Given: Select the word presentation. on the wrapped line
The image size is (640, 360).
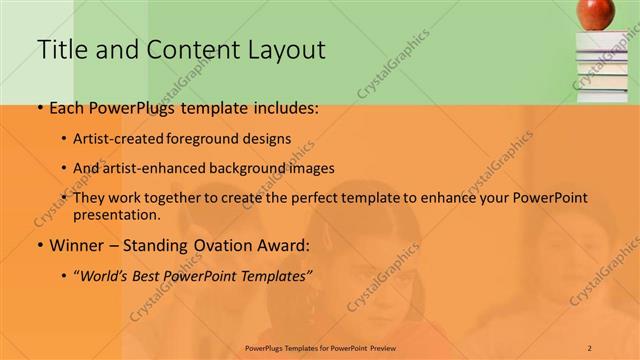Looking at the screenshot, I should pyautogui.click(x=117, y=215).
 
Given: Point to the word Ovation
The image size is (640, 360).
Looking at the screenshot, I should pyautogui.click(x=218, y=245).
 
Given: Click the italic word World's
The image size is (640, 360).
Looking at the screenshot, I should pyautogui.click(x=105, y=274).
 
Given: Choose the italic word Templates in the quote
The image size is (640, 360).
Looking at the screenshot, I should pyautogui.click(x=277, y=274).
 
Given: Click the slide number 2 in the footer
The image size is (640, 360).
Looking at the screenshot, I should pyautogui.click(x=590, y=347).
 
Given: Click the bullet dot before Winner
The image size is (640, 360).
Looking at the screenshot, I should pyautogui.click(x=39, y=245).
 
